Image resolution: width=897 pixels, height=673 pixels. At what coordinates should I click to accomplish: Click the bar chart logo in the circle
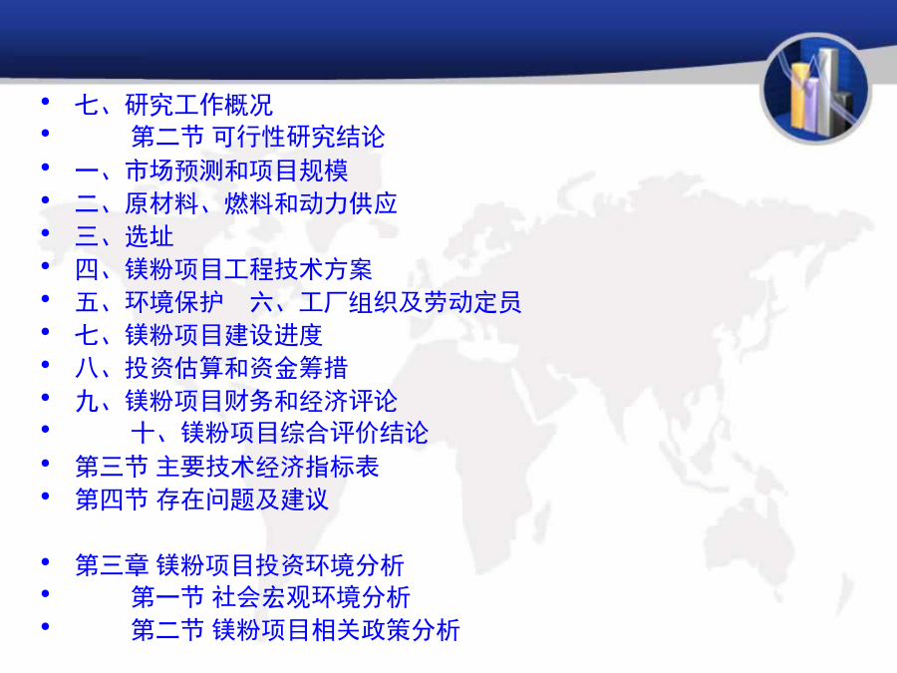click(815, 89)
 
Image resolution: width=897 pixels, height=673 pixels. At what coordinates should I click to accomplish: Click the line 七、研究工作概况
click(173, 105)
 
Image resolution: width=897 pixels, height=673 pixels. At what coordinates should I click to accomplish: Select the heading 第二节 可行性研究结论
click(258, 137)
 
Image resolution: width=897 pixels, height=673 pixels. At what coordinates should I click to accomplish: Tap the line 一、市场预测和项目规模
click(211, 169)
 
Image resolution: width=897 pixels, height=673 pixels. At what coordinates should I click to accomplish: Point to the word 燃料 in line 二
click(249, 203)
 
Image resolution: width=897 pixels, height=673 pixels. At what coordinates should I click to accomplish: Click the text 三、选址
click(125, 235)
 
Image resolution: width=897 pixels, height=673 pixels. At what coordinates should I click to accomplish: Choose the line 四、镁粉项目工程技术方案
click(223, 269)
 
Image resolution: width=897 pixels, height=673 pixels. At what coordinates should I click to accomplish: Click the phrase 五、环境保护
click(149, 301)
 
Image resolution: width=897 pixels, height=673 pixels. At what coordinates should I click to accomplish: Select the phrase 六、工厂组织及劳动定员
click(386, 301)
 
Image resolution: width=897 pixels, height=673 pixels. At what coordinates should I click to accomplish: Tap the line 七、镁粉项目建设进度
click(199, 335)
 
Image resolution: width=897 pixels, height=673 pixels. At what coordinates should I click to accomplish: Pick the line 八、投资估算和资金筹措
click(211, 367)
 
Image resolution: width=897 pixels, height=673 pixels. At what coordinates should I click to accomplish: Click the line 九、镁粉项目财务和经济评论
click(236, 401)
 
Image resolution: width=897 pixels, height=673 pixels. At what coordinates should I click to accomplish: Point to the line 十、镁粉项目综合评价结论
click(280, 433)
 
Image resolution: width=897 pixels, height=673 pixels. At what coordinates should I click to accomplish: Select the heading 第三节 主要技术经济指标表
click(227, 467)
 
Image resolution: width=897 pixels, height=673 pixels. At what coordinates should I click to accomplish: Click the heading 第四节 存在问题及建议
click(202, 500)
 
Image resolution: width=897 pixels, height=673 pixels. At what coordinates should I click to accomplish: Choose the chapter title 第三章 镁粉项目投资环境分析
click(239, 565)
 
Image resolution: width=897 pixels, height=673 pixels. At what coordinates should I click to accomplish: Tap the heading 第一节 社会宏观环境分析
click(270, 597)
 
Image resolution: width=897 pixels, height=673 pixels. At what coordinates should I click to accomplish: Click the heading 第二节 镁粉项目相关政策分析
click(296, 629)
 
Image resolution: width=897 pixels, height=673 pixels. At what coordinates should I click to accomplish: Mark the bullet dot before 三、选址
click(46, 233)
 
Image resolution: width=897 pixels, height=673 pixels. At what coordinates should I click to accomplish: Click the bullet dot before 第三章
click(46, 562)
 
